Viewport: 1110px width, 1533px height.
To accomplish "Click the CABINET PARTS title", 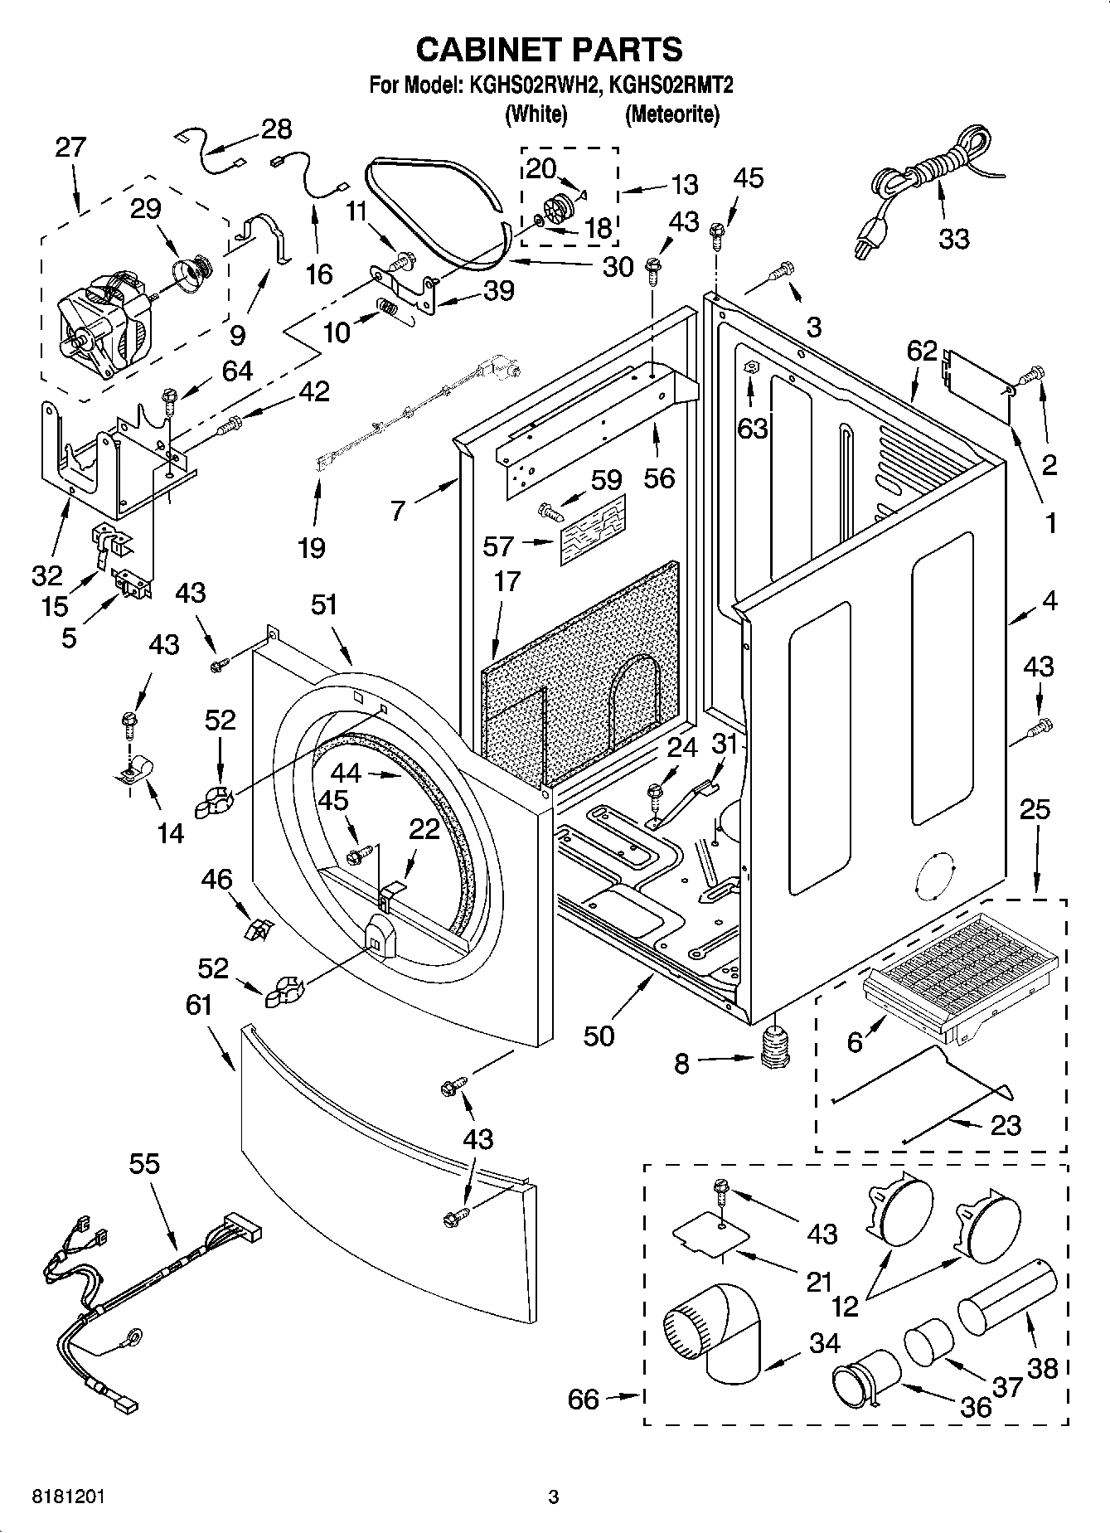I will click(549, 50).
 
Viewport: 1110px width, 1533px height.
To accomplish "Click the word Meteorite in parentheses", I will click(671, 114).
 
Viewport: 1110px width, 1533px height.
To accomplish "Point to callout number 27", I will click(70, 148).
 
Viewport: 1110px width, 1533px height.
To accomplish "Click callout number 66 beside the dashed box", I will click(583, 1400).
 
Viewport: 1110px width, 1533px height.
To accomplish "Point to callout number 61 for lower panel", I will click(199, 1005).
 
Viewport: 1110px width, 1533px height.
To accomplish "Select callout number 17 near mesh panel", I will click(507, 582).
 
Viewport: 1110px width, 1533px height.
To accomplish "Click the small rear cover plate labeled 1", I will click(978, 381).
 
